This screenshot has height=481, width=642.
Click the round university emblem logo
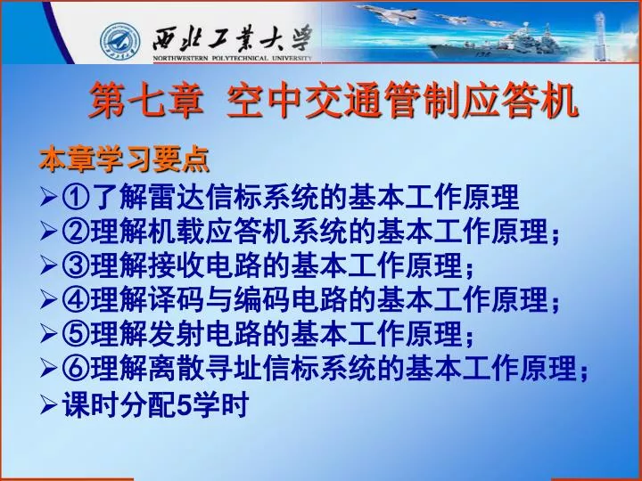click(x=120, y=42)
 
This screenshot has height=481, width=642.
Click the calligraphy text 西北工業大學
click(x=232, y=38)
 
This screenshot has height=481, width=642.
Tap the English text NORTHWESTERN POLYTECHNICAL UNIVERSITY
click(x=233, y=58)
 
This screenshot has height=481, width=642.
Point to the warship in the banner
click(x=500, y=43)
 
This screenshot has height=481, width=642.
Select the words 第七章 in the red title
click(x=146, y=100)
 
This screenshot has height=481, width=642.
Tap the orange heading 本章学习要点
click(x=124, y=159)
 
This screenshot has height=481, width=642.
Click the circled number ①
click(x=76, y=197)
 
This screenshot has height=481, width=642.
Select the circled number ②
click(x=76, y=231)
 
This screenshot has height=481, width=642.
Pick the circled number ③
click(x=76, y=265)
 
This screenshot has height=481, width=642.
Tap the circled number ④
click(x=76, y=300)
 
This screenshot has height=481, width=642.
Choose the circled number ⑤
click(x=76, y=334)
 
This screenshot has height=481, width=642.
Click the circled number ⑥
click(x=76, y=369)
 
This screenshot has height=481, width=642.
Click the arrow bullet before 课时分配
click(x=48, y=404)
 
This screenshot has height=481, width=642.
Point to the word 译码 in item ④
click(x=177, y=300)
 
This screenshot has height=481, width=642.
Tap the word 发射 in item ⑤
click(x=177, y=334)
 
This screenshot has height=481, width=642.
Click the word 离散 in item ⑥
click(x=177, y=369)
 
